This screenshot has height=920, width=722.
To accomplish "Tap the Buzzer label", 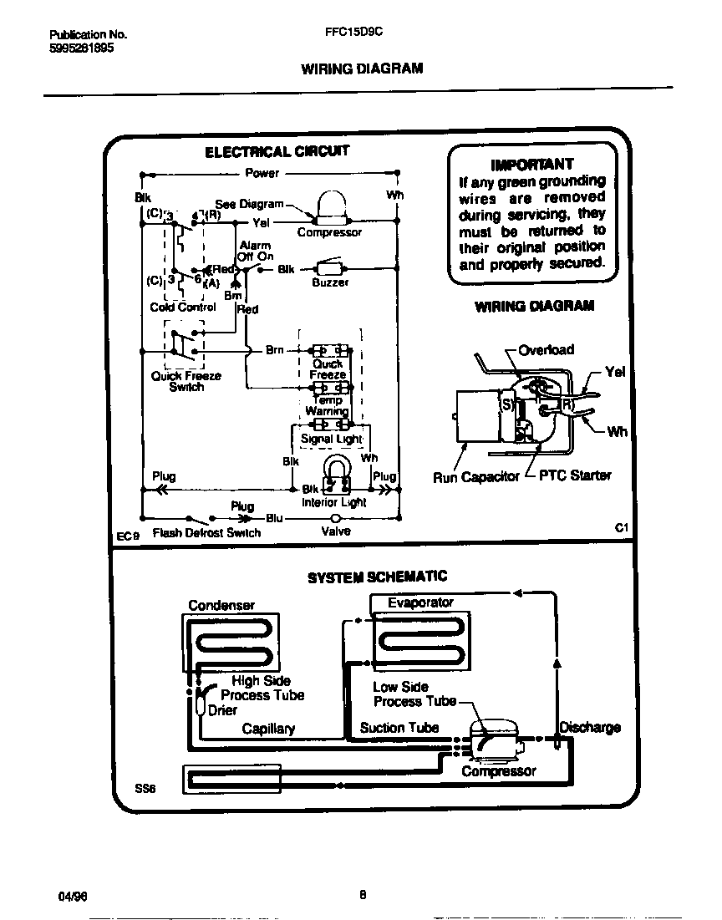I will point(330,282).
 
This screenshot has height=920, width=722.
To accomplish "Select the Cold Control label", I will point(183,307).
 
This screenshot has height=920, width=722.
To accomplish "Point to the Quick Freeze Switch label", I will point(186,382).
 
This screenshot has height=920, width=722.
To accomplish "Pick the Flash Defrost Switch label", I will point(206,532).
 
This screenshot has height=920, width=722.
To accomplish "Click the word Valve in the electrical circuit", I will point(336,531).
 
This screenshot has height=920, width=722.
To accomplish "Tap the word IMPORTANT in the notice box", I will point(532,164).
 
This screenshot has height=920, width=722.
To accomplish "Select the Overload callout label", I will point(547,349).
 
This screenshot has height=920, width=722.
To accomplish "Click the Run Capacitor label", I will point(475,476).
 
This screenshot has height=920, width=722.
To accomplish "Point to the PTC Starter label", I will point(575,475).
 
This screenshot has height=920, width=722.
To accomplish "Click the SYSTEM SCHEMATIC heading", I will point(377,577).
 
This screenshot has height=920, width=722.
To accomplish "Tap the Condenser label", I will point(221,605).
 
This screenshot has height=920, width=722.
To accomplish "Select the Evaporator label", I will point(420,602).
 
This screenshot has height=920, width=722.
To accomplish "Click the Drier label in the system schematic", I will point(222,710).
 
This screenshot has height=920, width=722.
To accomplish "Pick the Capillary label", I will point(268,729).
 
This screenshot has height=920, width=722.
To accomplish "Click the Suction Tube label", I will point(399,728).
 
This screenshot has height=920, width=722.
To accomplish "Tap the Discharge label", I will point(590,727).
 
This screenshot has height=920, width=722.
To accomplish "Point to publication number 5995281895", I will point(82,48).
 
